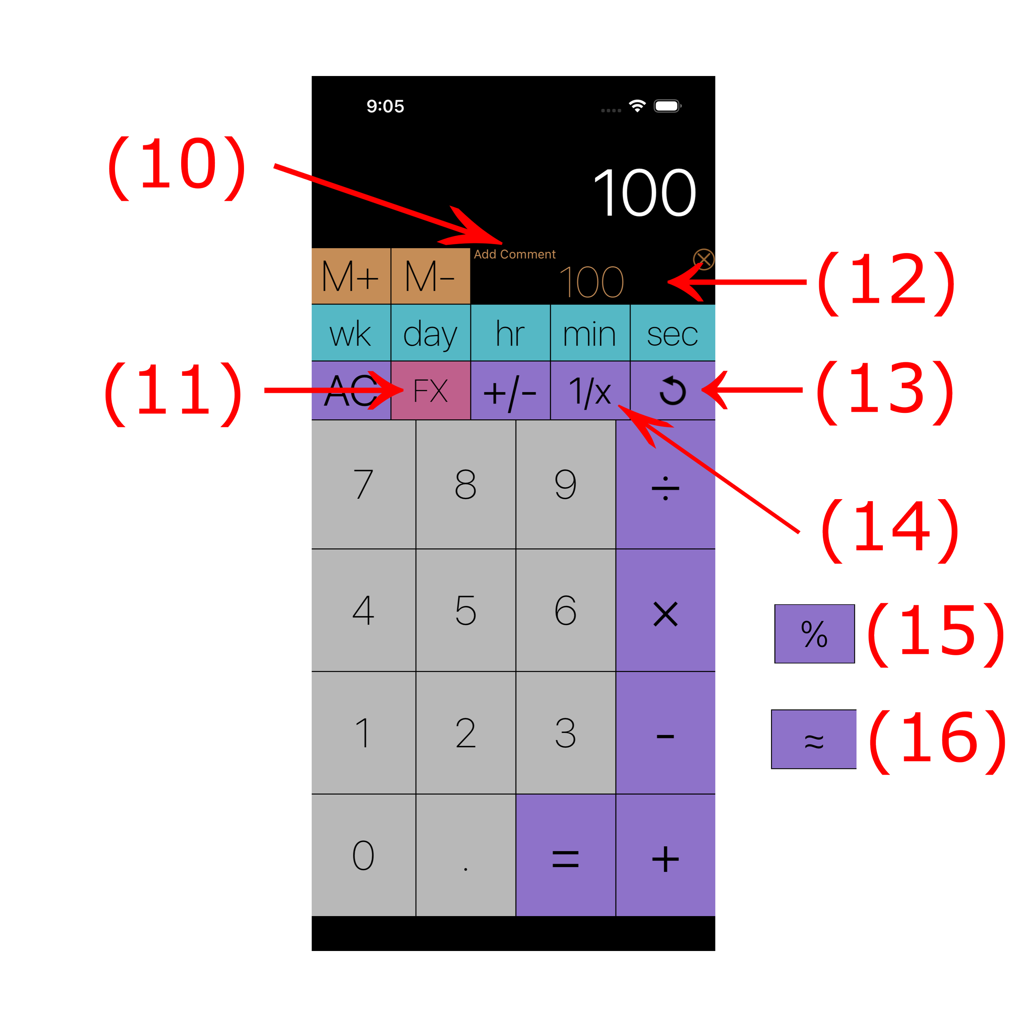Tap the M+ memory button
click(350, 276)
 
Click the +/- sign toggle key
click(510, 391)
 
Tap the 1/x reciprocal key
click(589, 391)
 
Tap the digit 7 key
click(363, 484)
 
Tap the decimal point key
click(466, 855)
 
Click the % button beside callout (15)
click(814, 633)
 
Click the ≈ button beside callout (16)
click(813, 739)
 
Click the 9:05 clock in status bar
click(385, 106)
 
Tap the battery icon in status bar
click(667, 106)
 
